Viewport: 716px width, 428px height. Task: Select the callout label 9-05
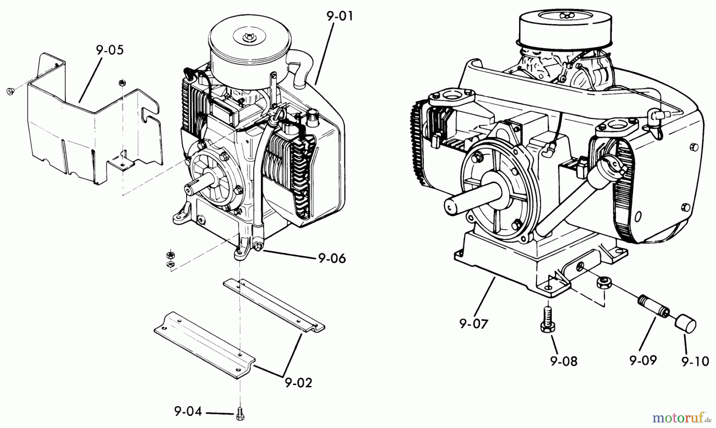[109, 51]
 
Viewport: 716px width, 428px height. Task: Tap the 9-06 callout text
[332, 258]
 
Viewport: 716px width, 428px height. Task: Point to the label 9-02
[298, 383]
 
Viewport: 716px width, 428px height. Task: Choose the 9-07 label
[473, 324]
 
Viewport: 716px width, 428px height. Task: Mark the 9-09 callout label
[643, 360]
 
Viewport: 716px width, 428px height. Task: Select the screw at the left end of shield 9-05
[10, 92]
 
